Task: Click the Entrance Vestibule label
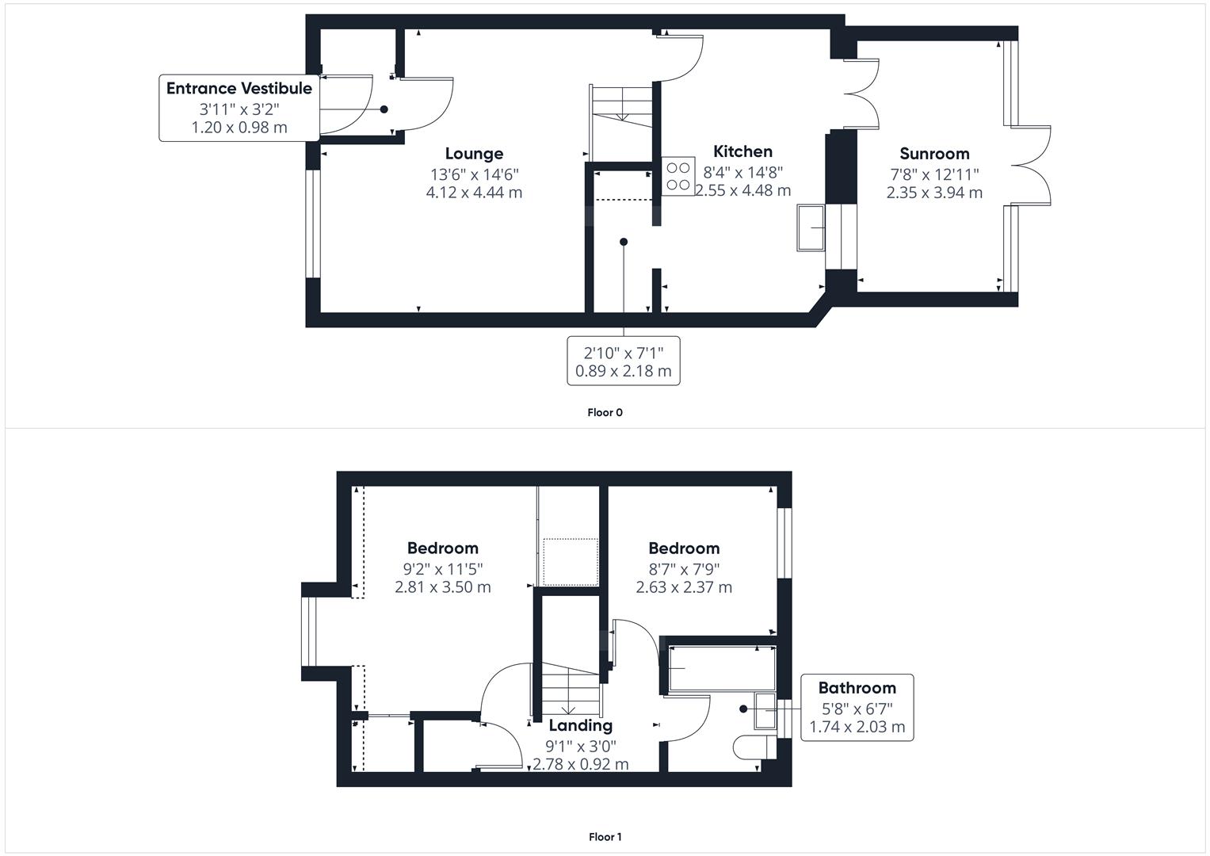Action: click(239, 88)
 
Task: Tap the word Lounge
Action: click(474, 154)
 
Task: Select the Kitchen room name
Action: click(742, 151)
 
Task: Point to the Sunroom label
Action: click(934, 154)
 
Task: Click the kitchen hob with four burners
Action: click(678, 176)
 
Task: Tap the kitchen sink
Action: click(811, 227)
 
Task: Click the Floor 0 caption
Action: click(605, 412)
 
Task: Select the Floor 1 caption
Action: click(605, 837)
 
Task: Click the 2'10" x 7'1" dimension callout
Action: click(624, 361)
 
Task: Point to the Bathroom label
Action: click(857, 688)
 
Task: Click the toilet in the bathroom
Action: click(754, 747)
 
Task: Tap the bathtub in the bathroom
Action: click(722, 668)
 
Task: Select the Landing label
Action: click(581, 725)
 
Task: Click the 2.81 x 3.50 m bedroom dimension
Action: click(443, 587)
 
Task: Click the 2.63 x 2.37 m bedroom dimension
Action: click(684, 587)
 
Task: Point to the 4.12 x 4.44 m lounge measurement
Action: click(474, 193)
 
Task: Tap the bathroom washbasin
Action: click(765, 711)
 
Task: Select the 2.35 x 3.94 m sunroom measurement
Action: click(934, 193)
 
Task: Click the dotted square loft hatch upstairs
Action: click(571, 562)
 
